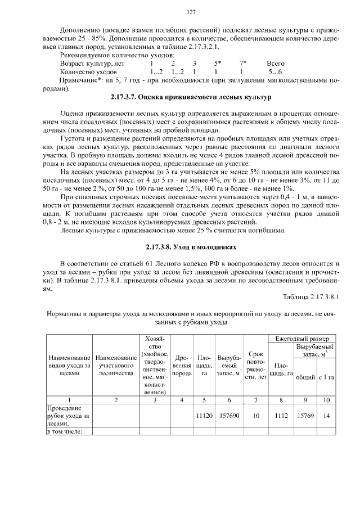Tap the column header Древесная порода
pos(182,366)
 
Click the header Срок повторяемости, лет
pos(256,366)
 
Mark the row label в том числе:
pos(64,431)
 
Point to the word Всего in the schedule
pos(275,64)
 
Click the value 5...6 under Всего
pos(275,72)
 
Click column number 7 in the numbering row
pos(256,399)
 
